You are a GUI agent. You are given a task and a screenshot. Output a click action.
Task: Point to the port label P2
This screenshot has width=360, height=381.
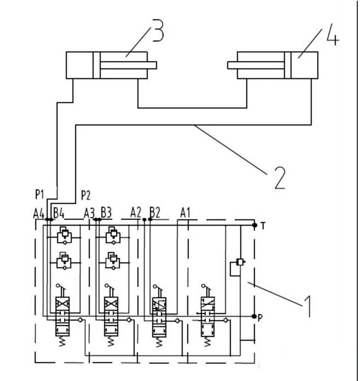click(x=86, y=195)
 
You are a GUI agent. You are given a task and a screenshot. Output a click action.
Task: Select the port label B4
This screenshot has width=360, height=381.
click(x=59, y=212)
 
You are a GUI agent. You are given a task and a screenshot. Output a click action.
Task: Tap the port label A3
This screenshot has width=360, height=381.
click(x=88, y=212)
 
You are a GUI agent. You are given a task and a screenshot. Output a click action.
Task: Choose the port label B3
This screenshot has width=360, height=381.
click(x=106, y=212)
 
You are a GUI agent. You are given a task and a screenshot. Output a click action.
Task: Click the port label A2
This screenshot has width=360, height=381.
click(x=136, y=212)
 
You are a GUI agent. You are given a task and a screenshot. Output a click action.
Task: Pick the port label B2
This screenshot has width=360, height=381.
click(x=154, y=212)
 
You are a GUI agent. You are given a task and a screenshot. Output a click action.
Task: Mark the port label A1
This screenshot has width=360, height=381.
click(x=186, y=212)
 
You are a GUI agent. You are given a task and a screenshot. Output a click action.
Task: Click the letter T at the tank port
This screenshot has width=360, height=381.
click(x=264, y=225)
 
